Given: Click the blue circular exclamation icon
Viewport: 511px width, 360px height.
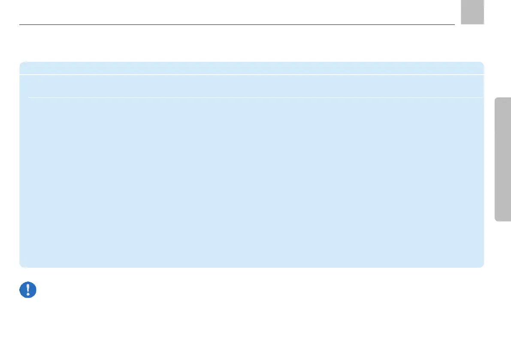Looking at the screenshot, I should point(28,290).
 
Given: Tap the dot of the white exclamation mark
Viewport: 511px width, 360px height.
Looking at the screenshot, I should point(28,295).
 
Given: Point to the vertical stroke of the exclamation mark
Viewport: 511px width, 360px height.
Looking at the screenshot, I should point(28,288).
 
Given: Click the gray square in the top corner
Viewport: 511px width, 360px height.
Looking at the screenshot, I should point(472,12).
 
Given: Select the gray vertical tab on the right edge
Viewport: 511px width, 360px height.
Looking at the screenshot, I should point(503,159).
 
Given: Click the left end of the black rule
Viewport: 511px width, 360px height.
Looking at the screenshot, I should point(21,24).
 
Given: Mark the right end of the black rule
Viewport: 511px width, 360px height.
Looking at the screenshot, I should point(454,24).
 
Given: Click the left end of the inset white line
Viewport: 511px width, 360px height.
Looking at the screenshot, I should point(29,97).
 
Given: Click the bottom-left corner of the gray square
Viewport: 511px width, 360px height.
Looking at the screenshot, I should point(462,23).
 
